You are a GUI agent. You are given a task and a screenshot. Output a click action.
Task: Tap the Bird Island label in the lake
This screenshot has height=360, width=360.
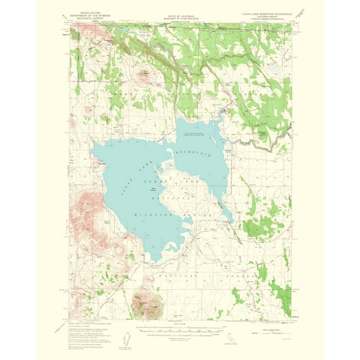tap(154, 189)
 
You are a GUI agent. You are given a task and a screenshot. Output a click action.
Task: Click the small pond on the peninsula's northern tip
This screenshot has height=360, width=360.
tap(169, 165)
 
